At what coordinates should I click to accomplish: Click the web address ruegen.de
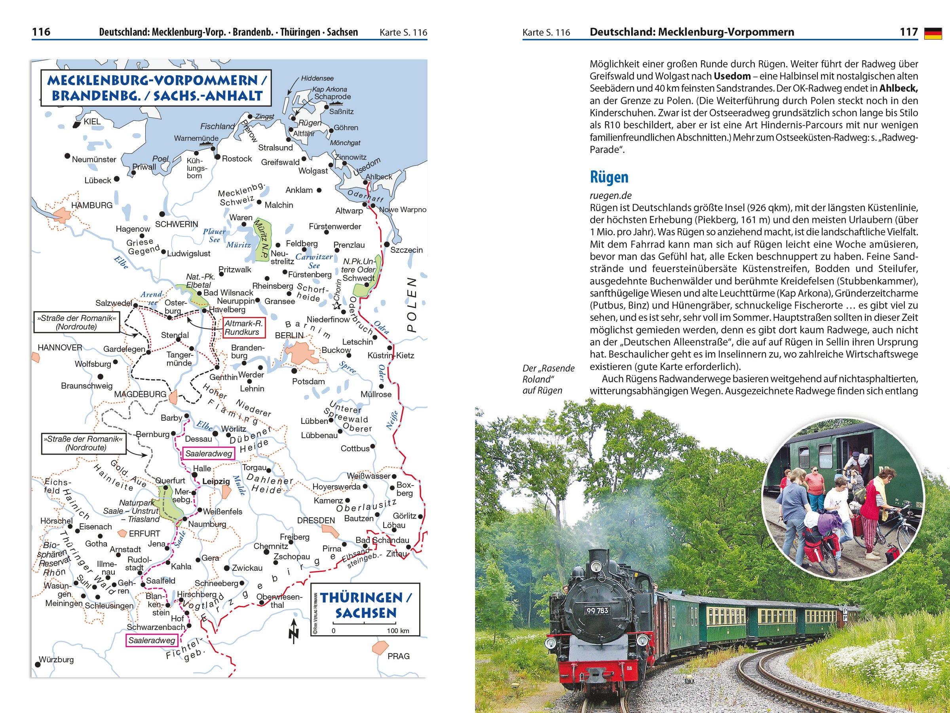610,196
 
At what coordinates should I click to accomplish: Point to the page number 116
41,32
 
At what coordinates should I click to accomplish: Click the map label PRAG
398,656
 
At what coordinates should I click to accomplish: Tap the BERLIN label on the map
289,335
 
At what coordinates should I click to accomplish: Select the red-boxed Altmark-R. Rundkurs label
243,328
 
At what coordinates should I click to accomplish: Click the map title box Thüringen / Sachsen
365,605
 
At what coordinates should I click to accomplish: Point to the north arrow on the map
294,631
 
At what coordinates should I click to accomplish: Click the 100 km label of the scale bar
398,631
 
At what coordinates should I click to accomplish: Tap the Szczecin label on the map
406,250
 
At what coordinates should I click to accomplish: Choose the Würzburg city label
56,659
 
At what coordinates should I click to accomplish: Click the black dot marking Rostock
217,157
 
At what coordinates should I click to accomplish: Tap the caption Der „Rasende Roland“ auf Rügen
547,379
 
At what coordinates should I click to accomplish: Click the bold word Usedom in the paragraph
732,76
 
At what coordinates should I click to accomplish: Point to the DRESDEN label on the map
315,520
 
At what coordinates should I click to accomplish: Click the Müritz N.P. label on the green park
262,238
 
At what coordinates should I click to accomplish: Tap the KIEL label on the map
92,122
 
